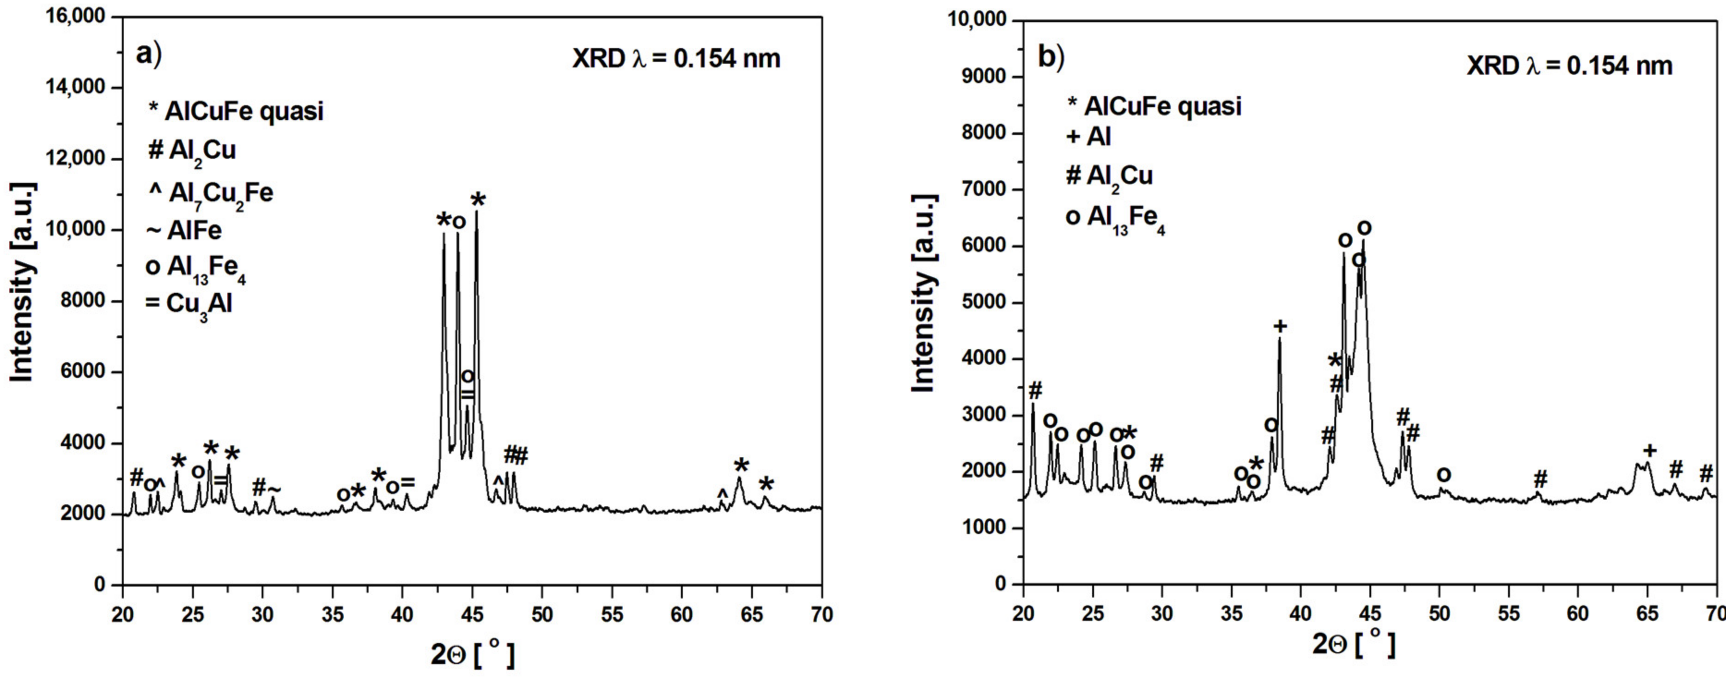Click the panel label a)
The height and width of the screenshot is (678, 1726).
pyautogui.click(x=148, y=54)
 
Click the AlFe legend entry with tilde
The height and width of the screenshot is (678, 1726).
pyautogui.click(x=184, y=230)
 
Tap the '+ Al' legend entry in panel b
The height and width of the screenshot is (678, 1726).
pyautogui.click(x=1089, y=137)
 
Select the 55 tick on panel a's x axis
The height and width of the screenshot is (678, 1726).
pyautogui.click(x=612, y=614)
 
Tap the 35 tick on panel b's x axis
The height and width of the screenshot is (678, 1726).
pyautogui.click(x=1231, y=614)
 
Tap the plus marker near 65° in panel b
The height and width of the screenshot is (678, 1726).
pyautogui.click(x=1650, y=450)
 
